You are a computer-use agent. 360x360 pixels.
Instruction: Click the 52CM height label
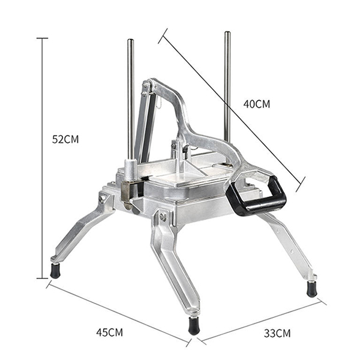pos(65,139)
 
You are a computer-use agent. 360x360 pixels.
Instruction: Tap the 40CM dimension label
pos(257,104)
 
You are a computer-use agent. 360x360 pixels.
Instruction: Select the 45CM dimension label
pos(110,332)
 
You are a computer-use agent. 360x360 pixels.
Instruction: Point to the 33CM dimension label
pos(277,333)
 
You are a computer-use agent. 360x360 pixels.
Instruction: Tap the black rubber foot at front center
pos(194,326)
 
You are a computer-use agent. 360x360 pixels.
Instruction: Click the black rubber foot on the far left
pos(55,271)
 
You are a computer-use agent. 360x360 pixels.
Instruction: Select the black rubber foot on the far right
pos(312,289)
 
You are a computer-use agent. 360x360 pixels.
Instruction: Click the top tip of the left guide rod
pos(131,40)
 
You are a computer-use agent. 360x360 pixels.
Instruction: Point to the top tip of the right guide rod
pos(227,32)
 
